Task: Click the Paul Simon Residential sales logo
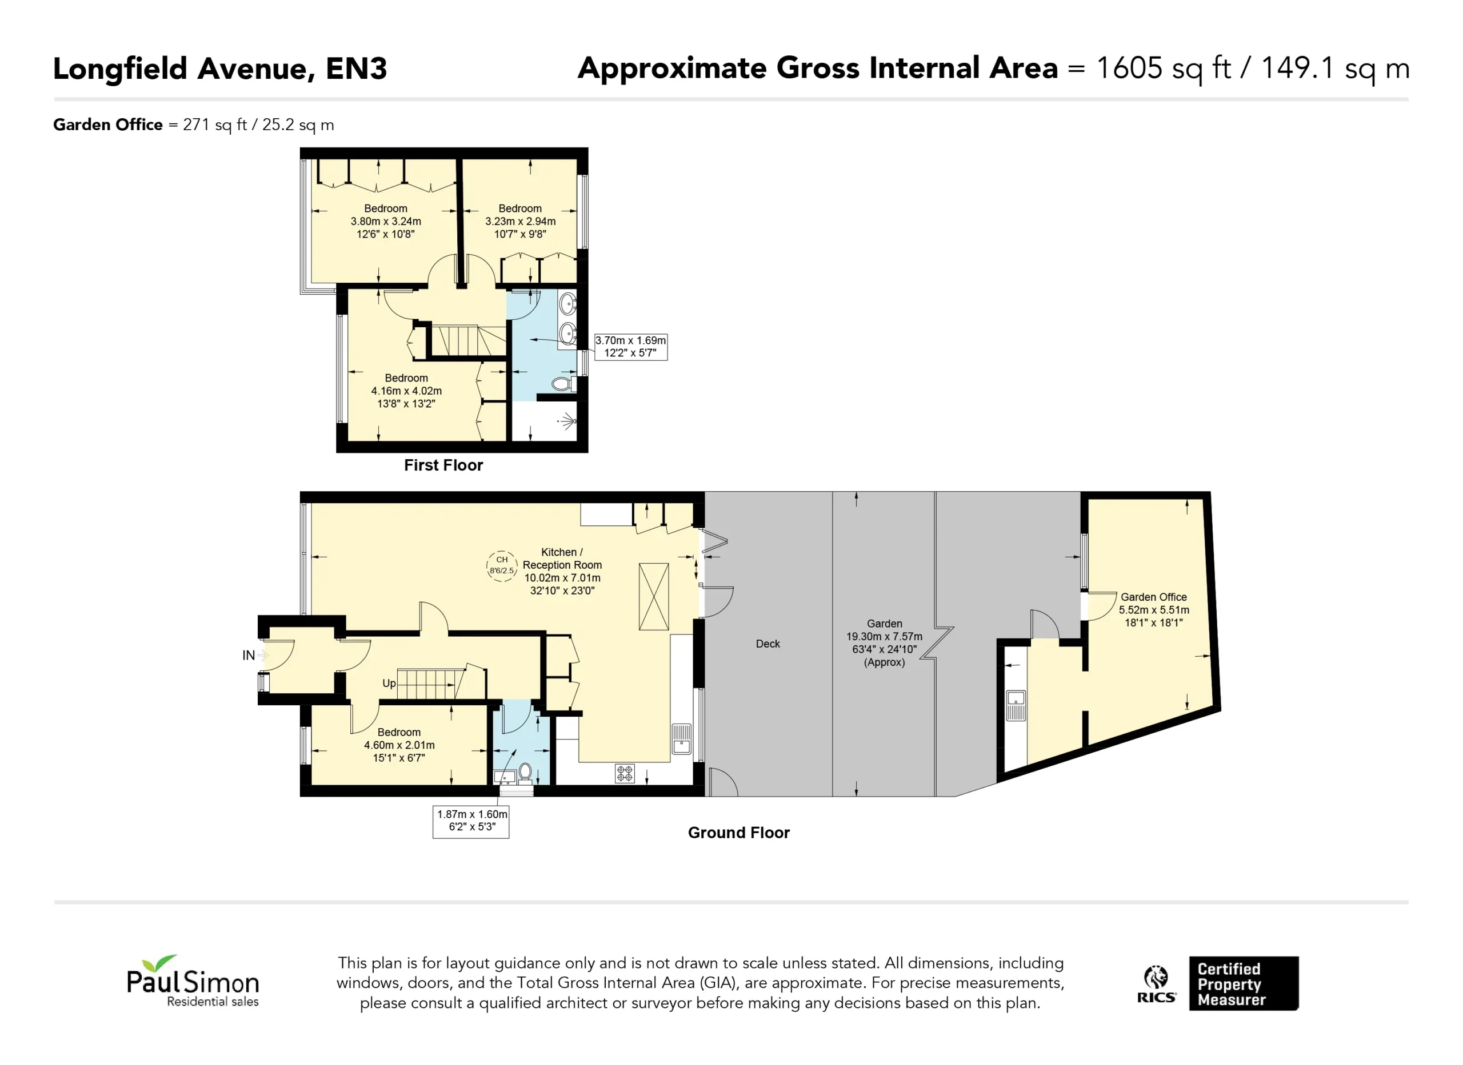click(193, 980)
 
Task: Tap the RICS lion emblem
click(1156, 977)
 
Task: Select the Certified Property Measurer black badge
click(1244, 983)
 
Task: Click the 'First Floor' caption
click(443, 465)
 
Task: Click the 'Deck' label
click(768, 644)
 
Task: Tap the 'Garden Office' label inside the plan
click(1153, 597)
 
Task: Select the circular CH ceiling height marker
click(502, 566)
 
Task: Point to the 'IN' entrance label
click(249, 656)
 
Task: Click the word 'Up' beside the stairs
click(389, 684)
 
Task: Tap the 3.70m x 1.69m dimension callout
click(630, 347)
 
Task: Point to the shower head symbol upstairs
click(567, 422)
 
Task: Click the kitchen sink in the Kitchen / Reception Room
click(681, 740)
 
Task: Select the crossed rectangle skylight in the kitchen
click(653, 596)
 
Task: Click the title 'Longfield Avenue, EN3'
click(220, 69)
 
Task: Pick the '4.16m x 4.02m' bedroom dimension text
click(406, 391)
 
